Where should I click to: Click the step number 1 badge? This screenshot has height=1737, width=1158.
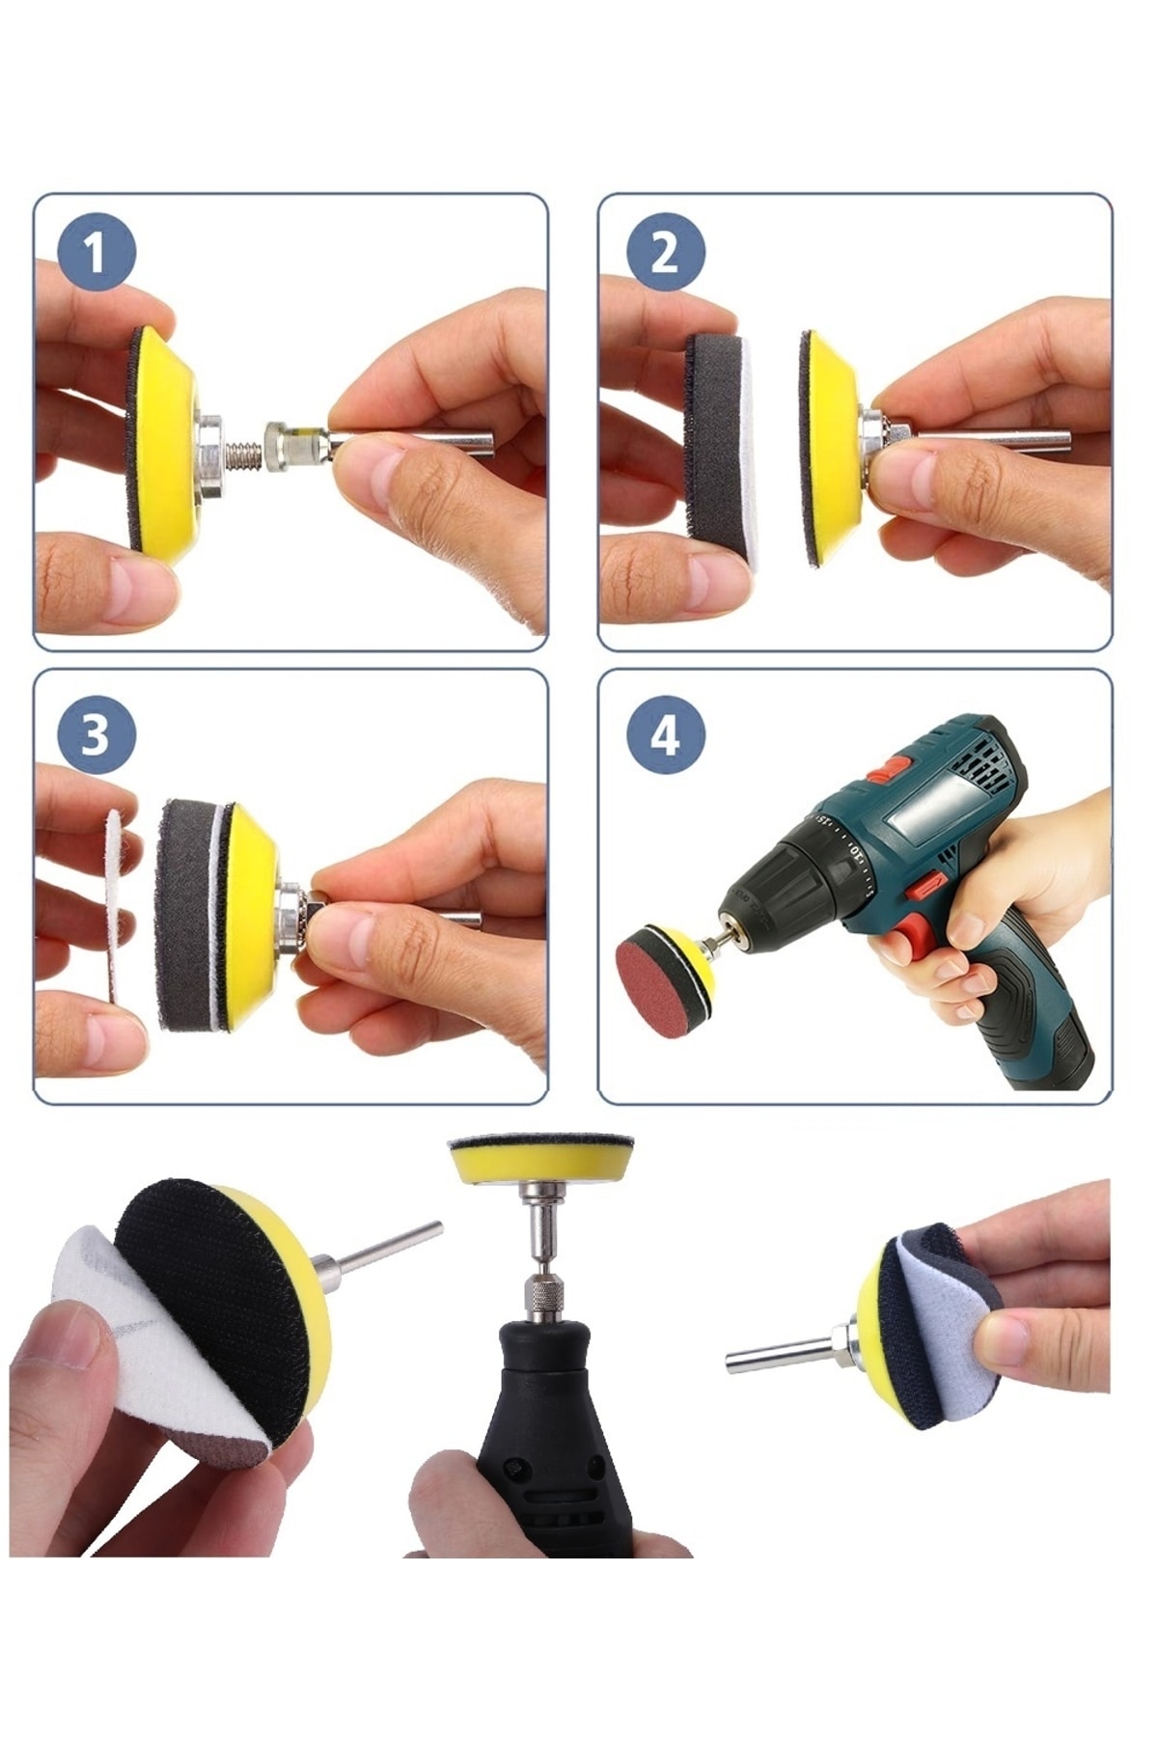tap(96, 253)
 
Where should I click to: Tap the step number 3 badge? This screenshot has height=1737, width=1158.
tap(96, 734)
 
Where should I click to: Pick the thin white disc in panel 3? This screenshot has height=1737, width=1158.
tap(114, 904)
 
